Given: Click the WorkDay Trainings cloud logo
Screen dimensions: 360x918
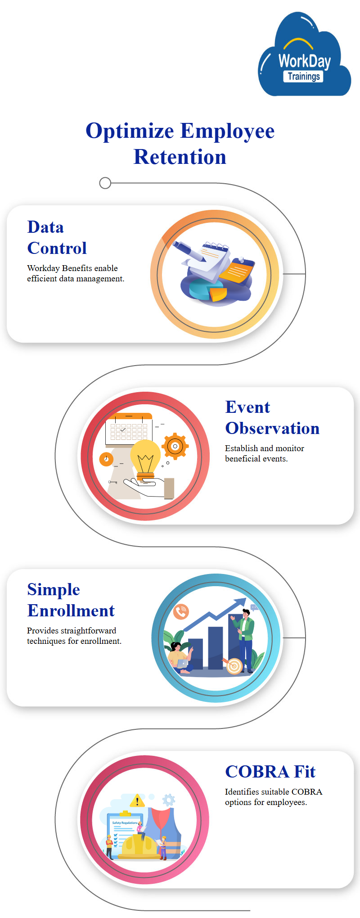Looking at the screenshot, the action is point(305,55).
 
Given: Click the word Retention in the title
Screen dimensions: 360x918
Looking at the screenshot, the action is point(180,157).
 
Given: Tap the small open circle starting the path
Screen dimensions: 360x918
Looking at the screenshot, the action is point(105,183).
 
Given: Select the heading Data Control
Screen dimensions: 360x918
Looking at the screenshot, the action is point(57,238).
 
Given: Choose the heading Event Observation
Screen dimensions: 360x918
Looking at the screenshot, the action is point(272,418).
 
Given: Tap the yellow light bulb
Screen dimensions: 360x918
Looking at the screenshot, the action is point(145,458).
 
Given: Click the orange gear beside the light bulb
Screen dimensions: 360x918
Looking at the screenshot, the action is point(175,447).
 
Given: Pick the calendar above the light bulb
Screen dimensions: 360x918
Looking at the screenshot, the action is point(129,428).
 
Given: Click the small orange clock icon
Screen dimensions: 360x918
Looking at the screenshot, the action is point(106,459).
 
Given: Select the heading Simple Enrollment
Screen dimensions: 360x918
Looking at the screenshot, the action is point(71,600).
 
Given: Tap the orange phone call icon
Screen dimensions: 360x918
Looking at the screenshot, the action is point(181,611).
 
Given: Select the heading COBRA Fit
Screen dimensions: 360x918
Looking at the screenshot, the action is point(270,772).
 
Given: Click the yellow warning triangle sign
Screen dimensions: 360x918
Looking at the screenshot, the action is point(137,800).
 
